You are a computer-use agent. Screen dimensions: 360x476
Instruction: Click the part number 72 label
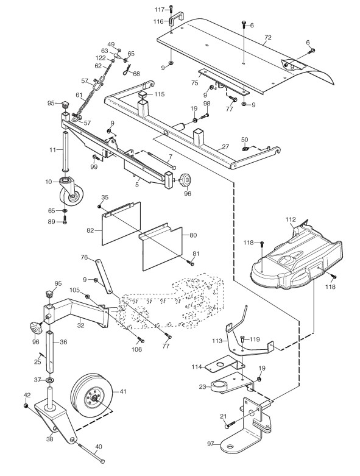pos(268,38)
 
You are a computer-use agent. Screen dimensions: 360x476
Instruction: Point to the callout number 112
pos(290,219)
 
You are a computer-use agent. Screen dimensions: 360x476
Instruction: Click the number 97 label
pos(211,444)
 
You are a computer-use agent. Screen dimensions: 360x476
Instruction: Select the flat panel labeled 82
pos(121,223)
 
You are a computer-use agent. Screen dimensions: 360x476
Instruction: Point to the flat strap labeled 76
pos(104,276)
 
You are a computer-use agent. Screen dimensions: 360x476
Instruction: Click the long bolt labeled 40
pos(91,454)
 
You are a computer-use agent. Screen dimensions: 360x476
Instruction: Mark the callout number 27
pos(225,147)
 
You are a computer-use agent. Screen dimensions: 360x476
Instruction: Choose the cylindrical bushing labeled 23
pos(219,386)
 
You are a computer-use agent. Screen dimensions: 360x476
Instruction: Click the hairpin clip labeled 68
pos(128,71)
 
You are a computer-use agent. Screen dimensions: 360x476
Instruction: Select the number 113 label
pos(217,341)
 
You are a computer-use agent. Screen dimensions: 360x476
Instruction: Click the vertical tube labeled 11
pos(66,152)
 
